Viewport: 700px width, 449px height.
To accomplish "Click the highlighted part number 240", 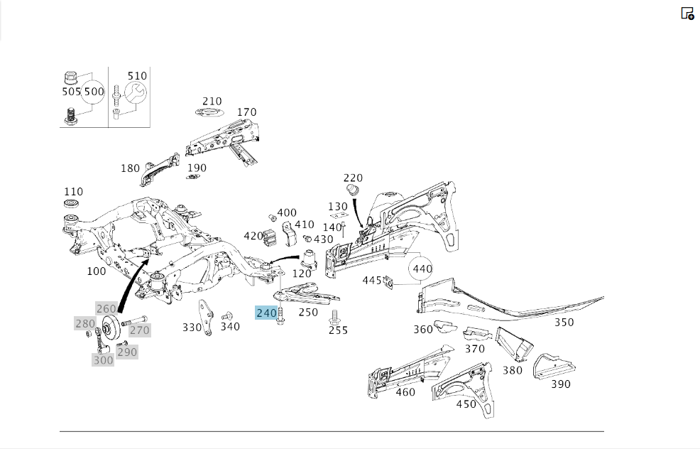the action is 266,313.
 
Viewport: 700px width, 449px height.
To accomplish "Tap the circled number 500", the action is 94,92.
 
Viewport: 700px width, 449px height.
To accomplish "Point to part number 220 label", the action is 353,178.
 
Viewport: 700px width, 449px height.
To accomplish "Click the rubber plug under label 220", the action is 353,190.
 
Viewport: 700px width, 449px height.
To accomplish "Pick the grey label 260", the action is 106,309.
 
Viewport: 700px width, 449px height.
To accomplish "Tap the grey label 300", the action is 103,360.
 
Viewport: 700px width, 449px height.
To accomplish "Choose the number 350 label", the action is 564,323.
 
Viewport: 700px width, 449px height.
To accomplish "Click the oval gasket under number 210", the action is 209,112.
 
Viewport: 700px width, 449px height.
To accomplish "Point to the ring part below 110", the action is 71,204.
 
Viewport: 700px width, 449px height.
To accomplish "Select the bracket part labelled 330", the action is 205,317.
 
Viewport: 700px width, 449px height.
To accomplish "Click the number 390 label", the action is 560,384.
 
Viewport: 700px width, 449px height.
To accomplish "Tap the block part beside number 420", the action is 270,237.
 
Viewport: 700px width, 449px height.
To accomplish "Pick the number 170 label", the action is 246,112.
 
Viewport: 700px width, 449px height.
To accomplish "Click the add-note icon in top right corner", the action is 687,13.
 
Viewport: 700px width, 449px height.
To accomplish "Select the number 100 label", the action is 96,271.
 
